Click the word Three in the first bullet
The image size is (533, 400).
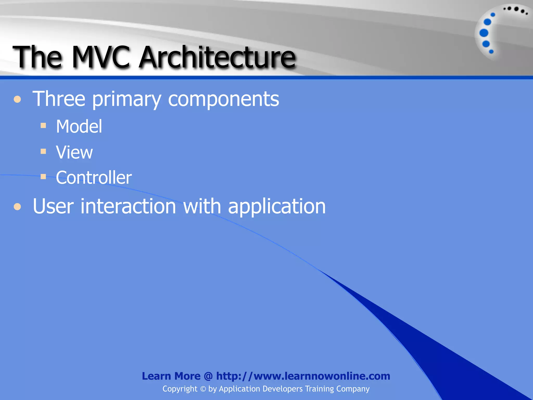pos(59,99)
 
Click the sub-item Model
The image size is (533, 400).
pos(79,127)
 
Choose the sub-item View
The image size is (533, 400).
pos(74,152)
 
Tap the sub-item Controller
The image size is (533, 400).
pos(94,178)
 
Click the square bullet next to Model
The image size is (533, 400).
pos(43,126)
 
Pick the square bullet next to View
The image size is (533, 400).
pos(43,151)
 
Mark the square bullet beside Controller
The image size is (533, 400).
pos(43,177)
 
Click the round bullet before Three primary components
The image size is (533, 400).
pos(17,99)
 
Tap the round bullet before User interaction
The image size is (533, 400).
pos(17,207)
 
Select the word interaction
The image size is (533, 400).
pos(128,206)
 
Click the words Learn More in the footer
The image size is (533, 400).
pos(171,376)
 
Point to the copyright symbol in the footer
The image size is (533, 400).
pos(203,389)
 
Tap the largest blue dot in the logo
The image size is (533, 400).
pos(484,33)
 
